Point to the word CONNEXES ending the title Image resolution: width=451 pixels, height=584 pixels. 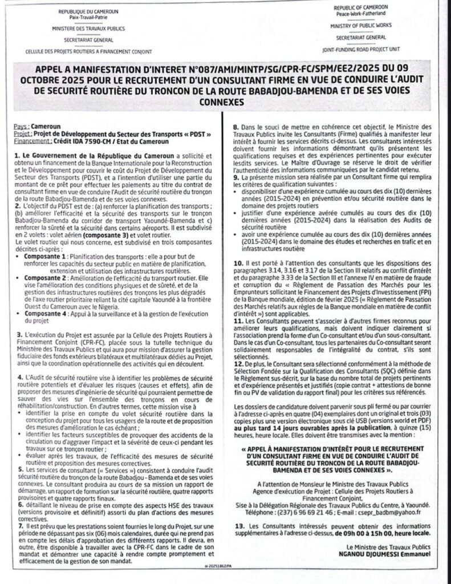tap(225, 103)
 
